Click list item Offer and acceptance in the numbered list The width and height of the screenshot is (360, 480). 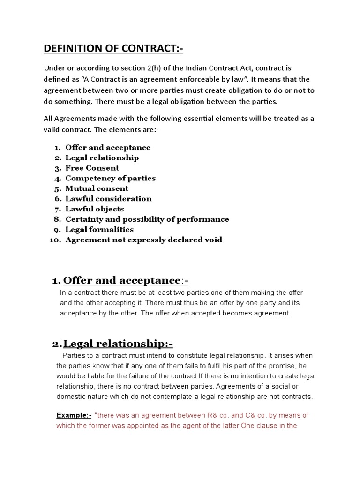click(x=108, y=148)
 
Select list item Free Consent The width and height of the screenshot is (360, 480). click(x=92, y=168)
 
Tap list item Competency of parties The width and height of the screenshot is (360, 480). click(x=110, y=178)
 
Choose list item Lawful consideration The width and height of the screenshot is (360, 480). click(x=108, y=199)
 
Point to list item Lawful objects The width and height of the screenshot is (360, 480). click(x=95, y=209)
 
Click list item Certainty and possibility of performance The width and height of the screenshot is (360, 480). click(x=147, y=219)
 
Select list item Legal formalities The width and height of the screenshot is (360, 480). click(x=99, y=230)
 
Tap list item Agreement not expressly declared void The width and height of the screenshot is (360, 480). click(x=143, y=240)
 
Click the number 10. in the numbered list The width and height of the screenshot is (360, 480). click(x=55, y=240)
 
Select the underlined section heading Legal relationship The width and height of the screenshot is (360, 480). click(x=118, y=345)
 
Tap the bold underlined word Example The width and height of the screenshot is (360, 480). click(x=73, y=415)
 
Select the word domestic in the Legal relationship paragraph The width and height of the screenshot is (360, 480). click(x=72, y=397)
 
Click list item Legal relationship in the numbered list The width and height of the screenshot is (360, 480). click(x=102, y=158)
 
